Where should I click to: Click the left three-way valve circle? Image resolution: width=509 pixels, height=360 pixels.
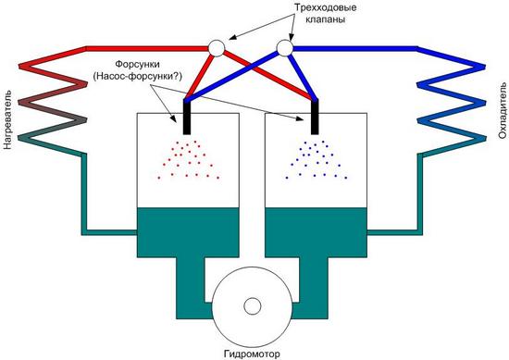point(217,48)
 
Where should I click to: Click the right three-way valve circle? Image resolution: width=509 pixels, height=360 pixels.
point(285,48)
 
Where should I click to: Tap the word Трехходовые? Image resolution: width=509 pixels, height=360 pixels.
point(325,7)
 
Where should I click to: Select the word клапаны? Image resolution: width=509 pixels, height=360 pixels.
point(325,19)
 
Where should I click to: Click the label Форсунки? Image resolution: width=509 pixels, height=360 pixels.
point(138,64)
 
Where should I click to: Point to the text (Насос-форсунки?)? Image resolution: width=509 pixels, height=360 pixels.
point(138,76)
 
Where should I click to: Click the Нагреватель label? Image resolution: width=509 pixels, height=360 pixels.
point(7,119)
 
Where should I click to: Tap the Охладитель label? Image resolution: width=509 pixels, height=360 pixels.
point(503,111)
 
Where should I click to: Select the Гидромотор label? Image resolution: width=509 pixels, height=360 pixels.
point(252,354)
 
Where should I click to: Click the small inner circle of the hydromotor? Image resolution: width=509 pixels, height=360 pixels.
point(253,306)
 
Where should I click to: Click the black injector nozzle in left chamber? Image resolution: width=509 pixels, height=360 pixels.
point(187,118)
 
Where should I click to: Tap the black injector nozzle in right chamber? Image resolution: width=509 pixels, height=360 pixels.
point(315,118)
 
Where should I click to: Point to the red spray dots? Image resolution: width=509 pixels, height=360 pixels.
point(188,160)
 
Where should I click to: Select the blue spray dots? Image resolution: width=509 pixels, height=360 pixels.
point(317,160)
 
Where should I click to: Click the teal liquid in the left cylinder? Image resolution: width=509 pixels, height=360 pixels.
point(188,232)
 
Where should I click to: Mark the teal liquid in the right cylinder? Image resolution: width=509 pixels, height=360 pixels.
point(316,232)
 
